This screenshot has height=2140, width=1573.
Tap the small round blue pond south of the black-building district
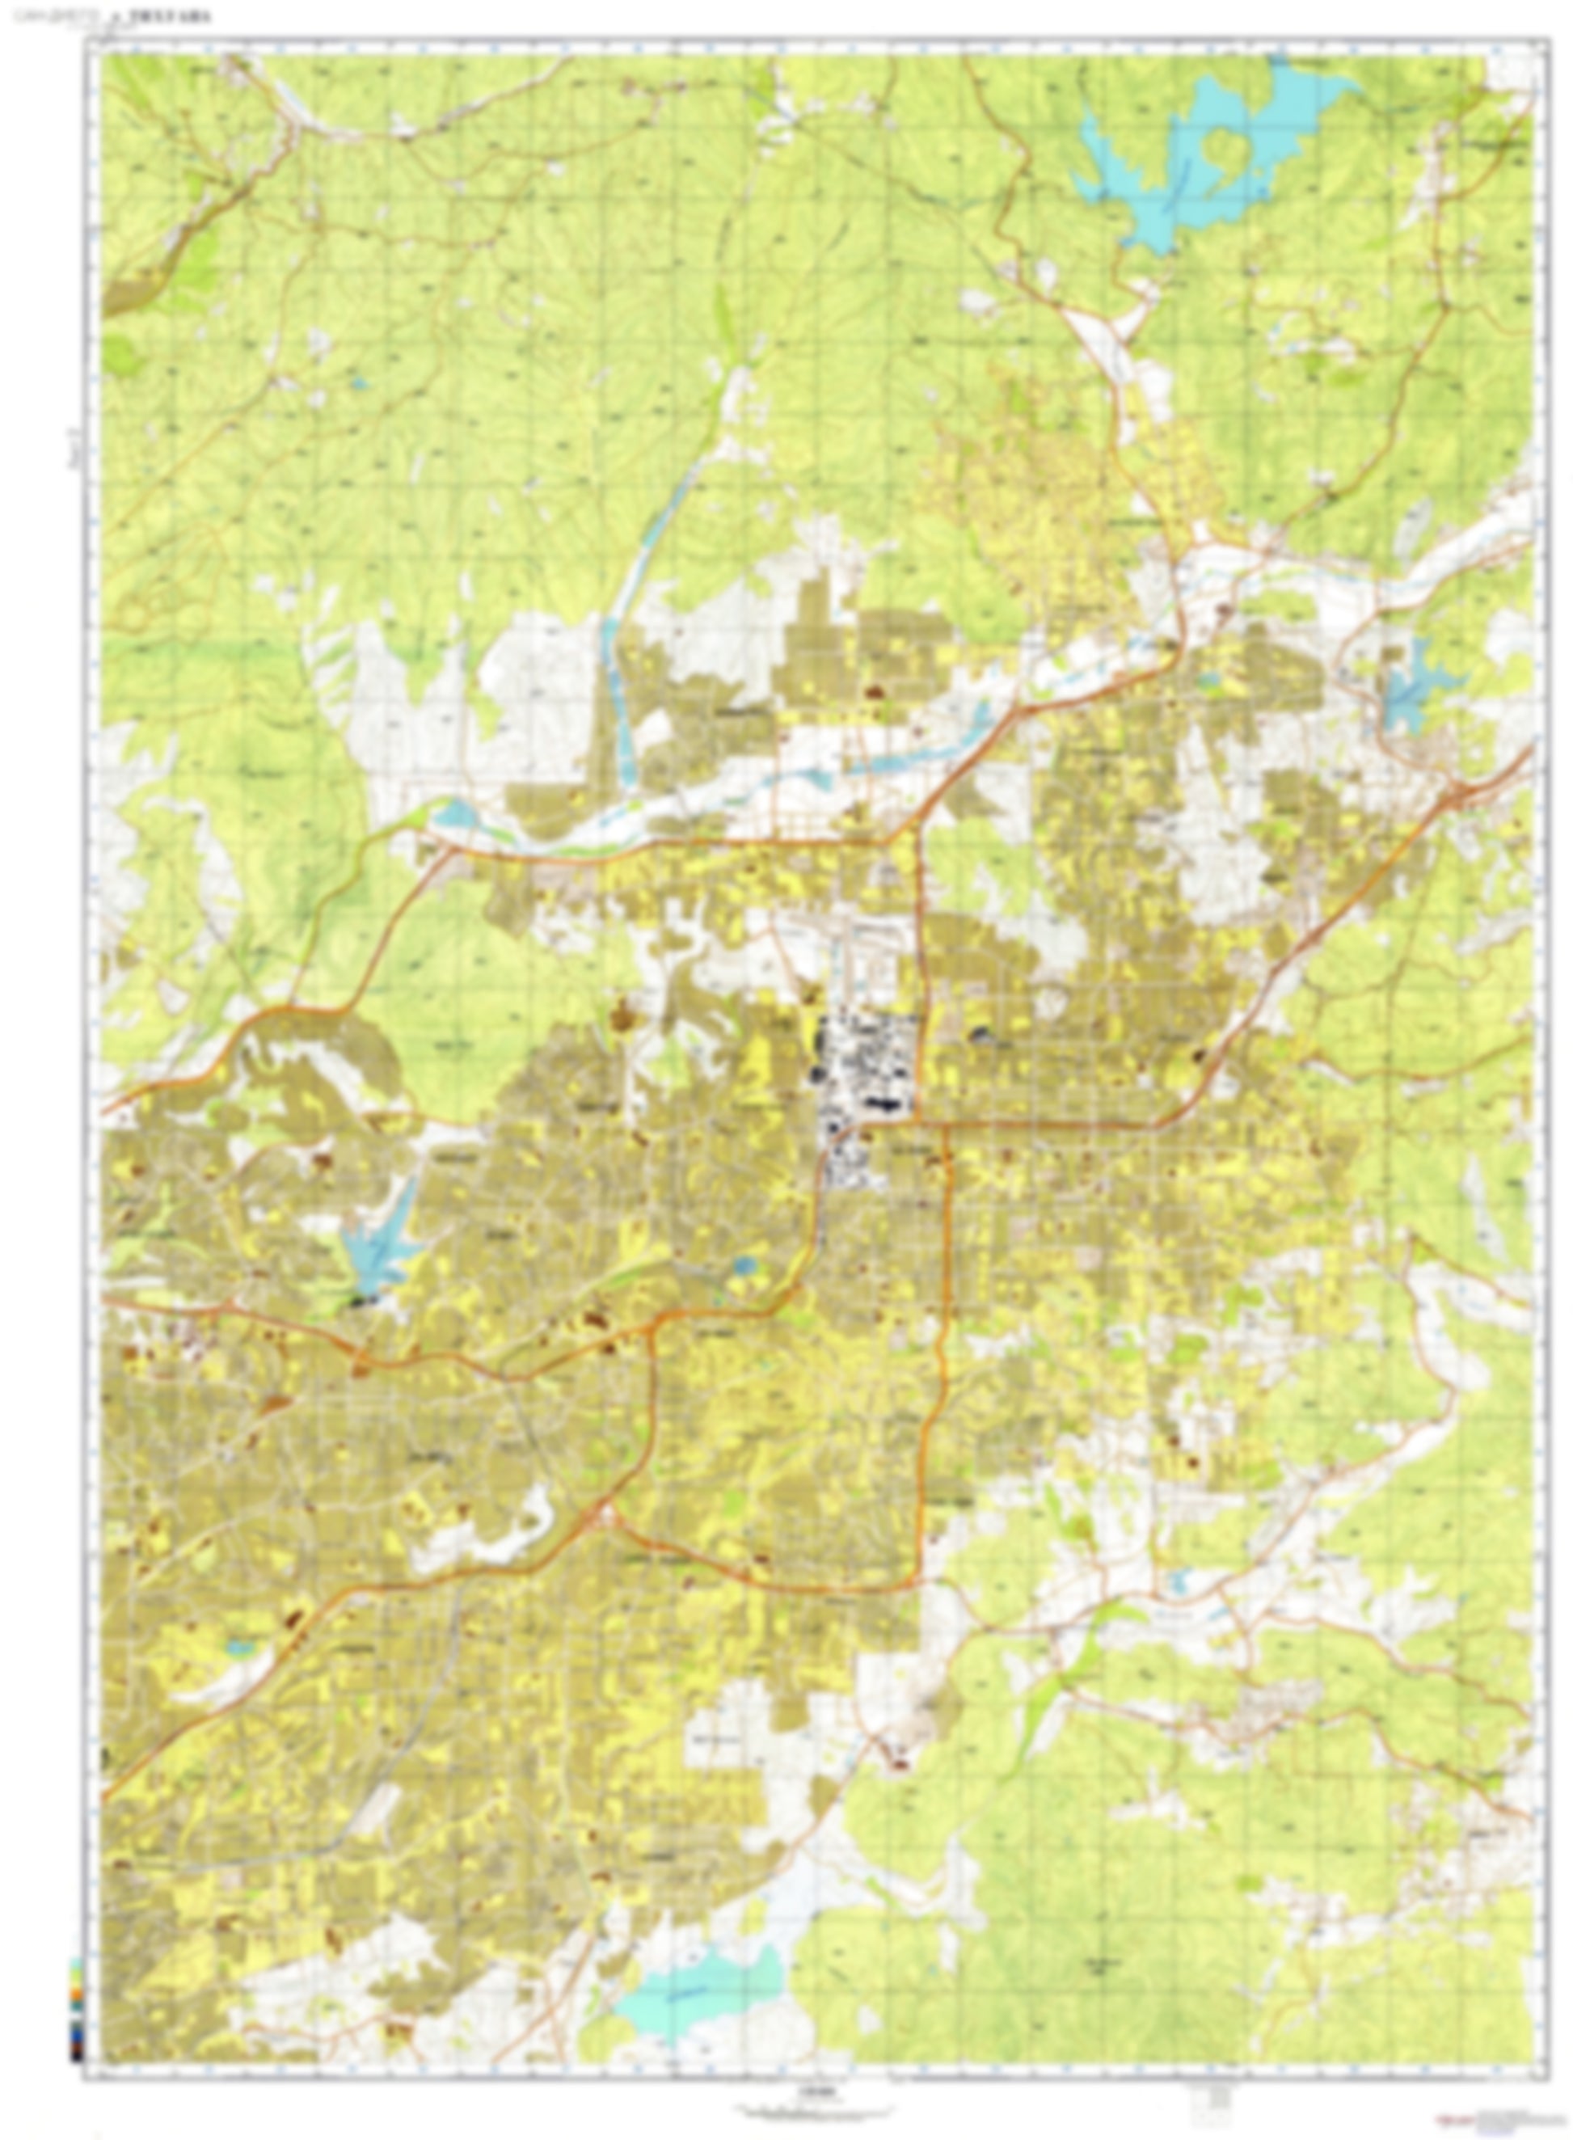(744, 1266)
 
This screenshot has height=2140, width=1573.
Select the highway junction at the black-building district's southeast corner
(918, 1125)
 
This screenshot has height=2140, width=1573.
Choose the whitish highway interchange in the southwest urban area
(605, 1515)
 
